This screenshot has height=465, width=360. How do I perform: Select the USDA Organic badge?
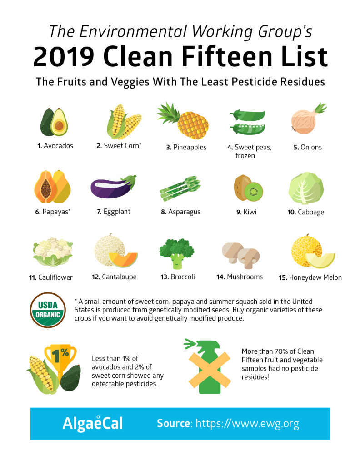tap(48, 310)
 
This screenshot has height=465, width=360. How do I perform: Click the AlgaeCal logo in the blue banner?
tap(93, 423)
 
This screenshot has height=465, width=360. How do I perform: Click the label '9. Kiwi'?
tap(246, 212)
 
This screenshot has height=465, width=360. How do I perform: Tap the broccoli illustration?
tap(177, 253)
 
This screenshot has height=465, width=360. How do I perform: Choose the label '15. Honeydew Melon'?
tap(310, 277)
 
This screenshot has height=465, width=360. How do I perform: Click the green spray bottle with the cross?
tap(208, 366)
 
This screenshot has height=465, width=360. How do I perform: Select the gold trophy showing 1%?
tap(60, 360)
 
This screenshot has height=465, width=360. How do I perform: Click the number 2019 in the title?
tap(64, 56)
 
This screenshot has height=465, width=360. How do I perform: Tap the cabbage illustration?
tap(306, 188)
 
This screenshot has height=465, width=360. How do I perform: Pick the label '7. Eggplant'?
tap(114, 212)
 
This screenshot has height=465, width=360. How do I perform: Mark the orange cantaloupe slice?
tap(123, 260)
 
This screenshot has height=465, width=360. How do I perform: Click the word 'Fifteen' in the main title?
tap(227, 56)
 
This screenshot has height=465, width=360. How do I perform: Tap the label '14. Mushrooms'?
tap(240, 277)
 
